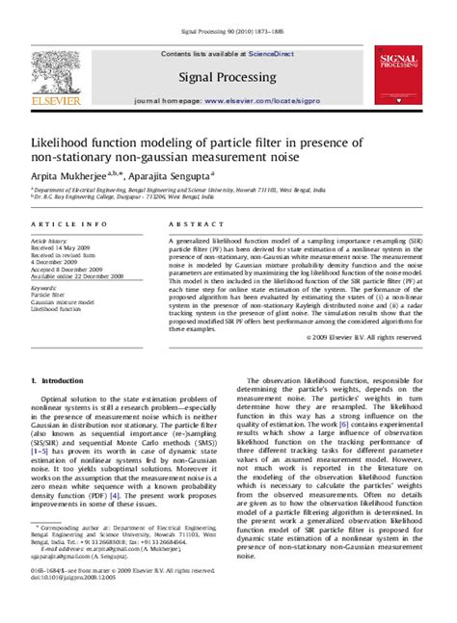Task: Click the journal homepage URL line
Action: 228,100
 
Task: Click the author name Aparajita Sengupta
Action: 179,176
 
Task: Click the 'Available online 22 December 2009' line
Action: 77,275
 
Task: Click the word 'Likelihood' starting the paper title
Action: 66,143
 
